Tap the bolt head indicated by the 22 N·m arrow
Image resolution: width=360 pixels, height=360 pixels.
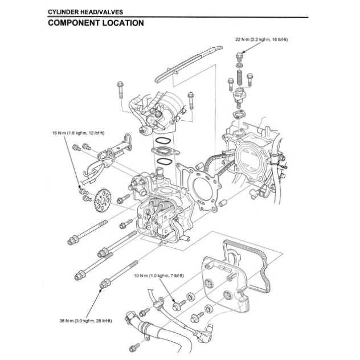(x=239, y=57)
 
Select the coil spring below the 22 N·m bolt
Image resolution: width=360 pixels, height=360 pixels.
(x=240, y=74)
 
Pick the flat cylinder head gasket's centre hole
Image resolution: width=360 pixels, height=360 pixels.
(x=201, y=186)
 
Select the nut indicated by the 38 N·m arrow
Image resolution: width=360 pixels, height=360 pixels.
(x=104, y=283)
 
